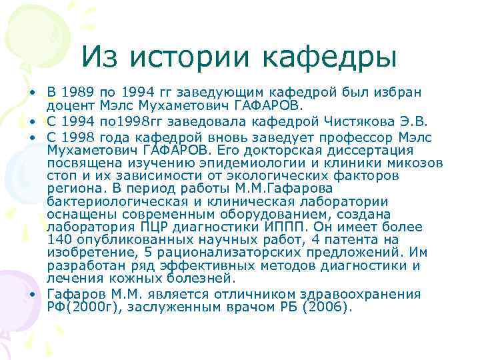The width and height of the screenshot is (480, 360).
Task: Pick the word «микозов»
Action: coord(411,163)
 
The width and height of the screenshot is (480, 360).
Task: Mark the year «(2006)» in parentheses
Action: coord(330,307)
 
